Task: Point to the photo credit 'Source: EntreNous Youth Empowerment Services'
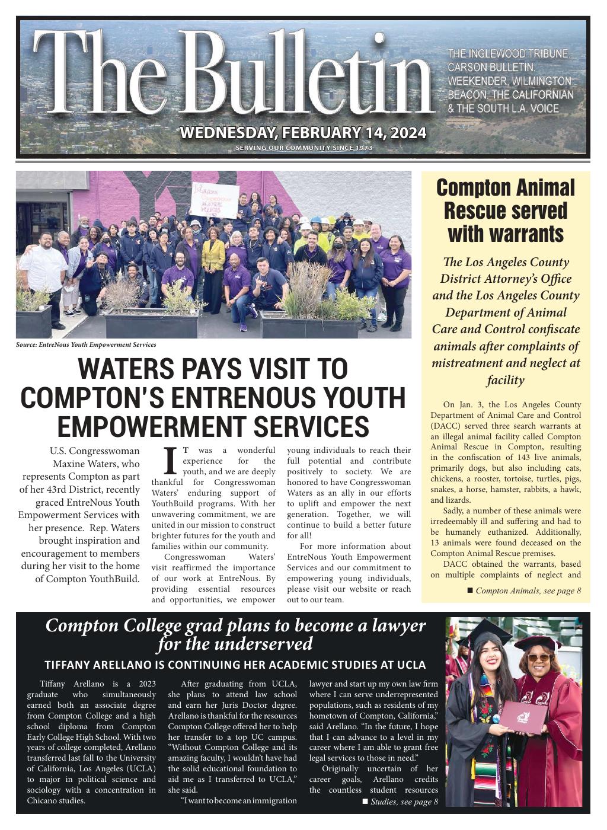coord(86,344)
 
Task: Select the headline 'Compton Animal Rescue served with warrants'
coord(506,210)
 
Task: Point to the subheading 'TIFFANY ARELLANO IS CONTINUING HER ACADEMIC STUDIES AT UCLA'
coord(235,665)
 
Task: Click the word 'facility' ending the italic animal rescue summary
coord(506,380)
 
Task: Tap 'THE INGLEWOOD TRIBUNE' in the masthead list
coord(509,54)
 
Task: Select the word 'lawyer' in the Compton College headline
coord(399,626)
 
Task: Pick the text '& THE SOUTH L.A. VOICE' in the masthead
coord(503,108)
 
